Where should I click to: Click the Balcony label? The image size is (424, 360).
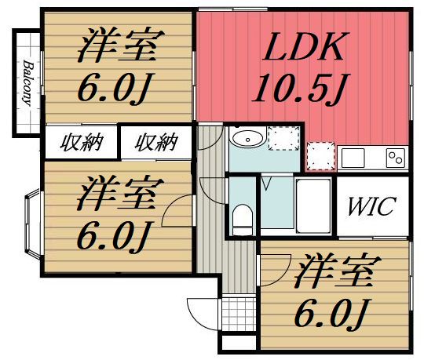[x=26, y=82]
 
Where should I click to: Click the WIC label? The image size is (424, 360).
[x=372, y=208]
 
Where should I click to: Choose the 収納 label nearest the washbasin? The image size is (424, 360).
[x=155, y=143]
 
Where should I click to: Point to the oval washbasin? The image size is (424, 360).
[x=247, y=140]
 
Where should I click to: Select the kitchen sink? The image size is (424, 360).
[x=355, y=157]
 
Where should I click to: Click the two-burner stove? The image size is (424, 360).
[x=394, y=157]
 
